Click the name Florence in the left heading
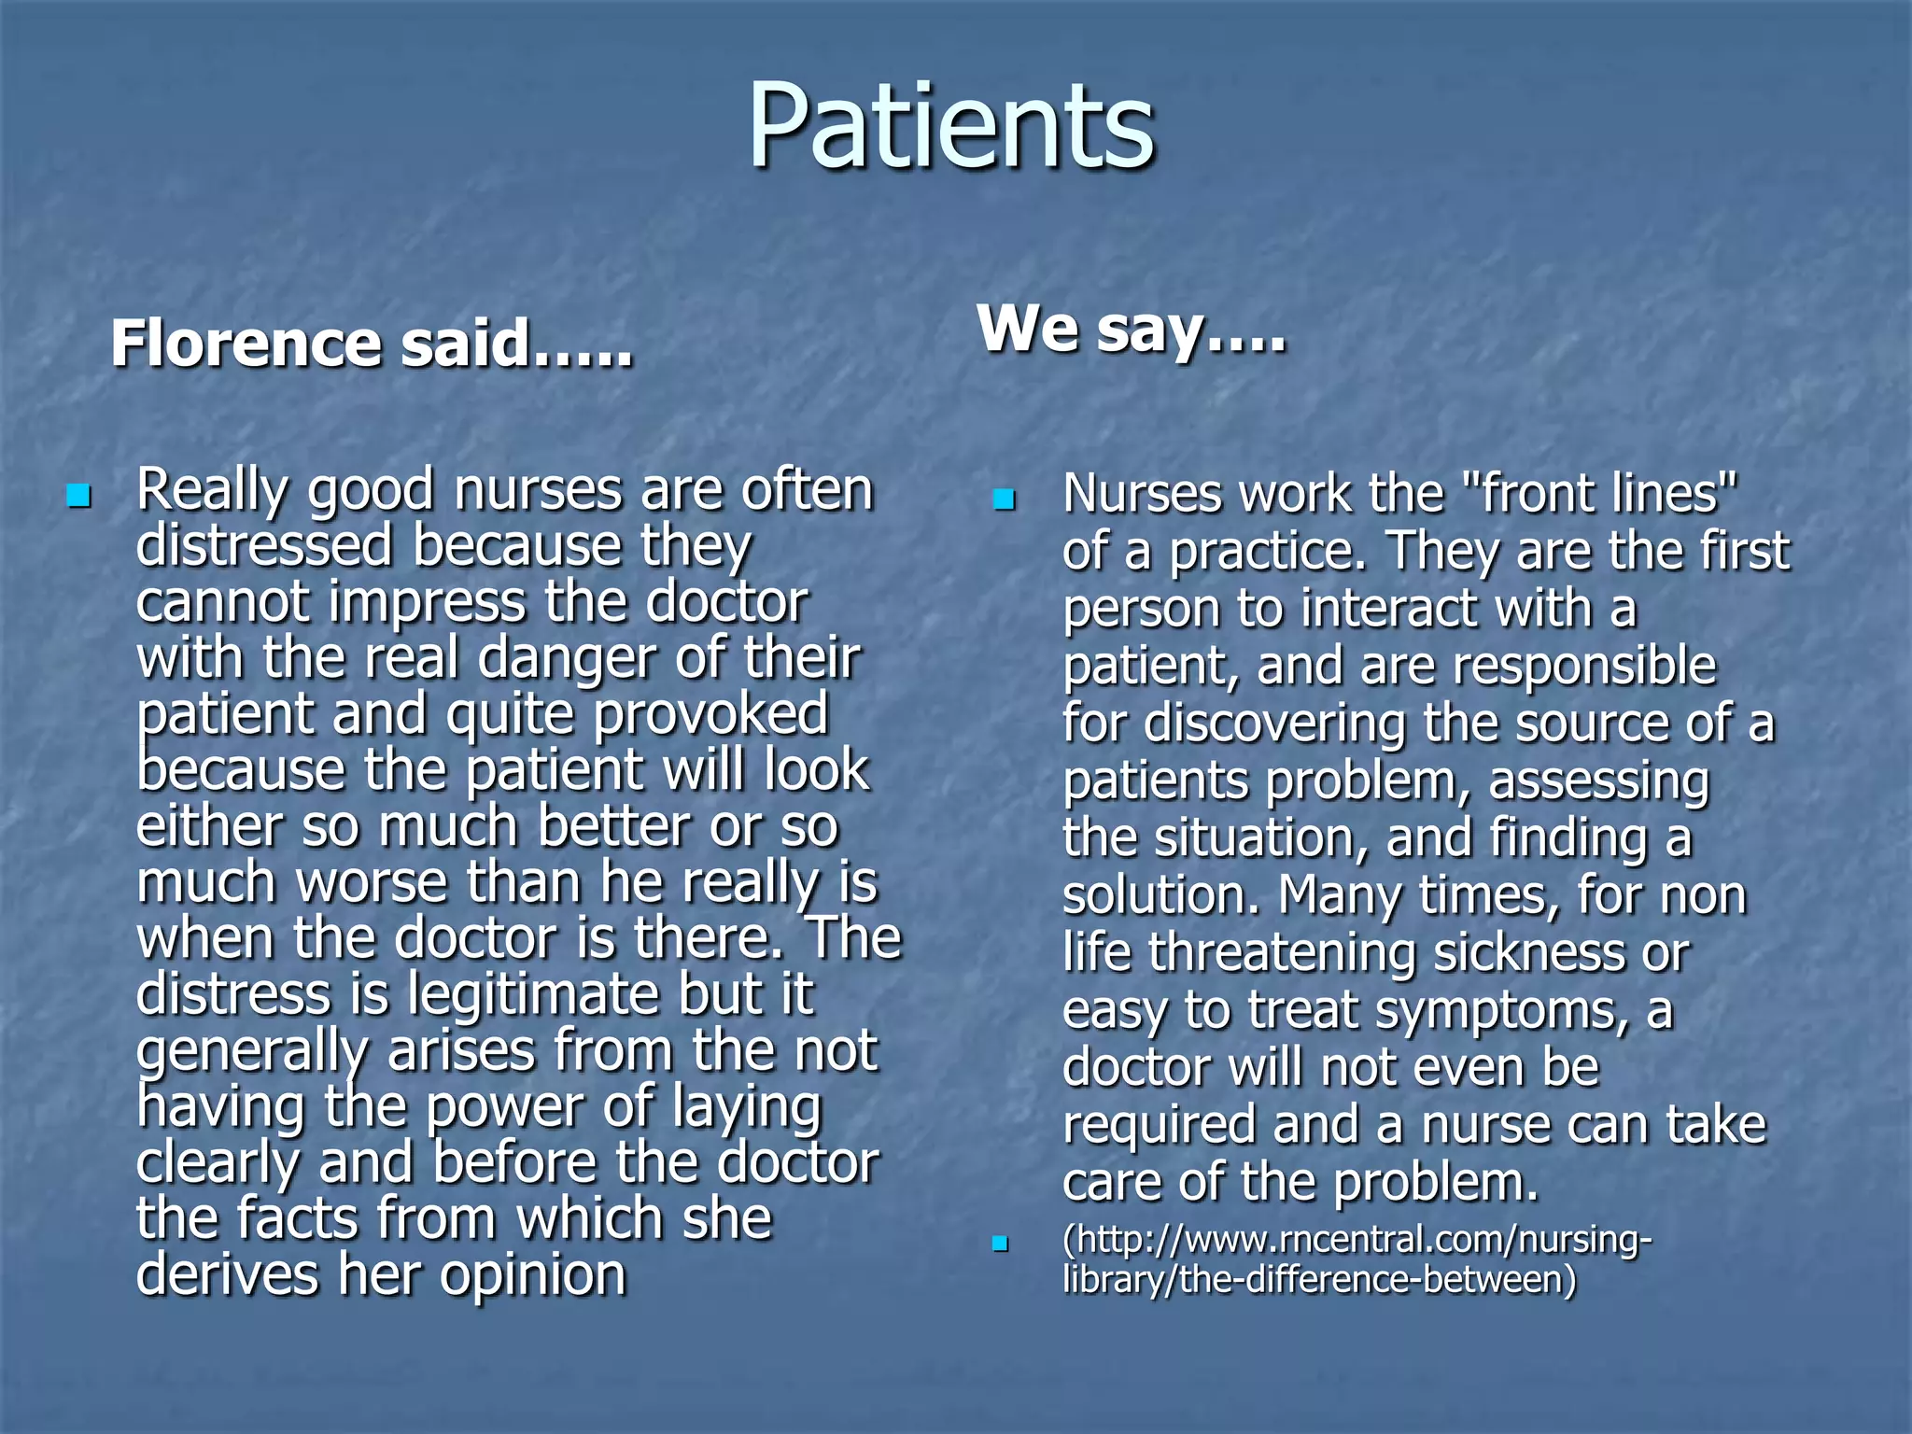pos(246,344)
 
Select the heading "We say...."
pos(1132,329)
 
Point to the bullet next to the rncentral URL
pos(1001,1244)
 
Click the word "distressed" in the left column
pos(264,545)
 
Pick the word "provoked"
pos(711,714)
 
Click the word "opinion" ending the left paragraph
pos(532,1275)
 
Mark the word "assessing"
pos(1598,781)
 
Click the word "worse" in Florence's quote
pos(373,882)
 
